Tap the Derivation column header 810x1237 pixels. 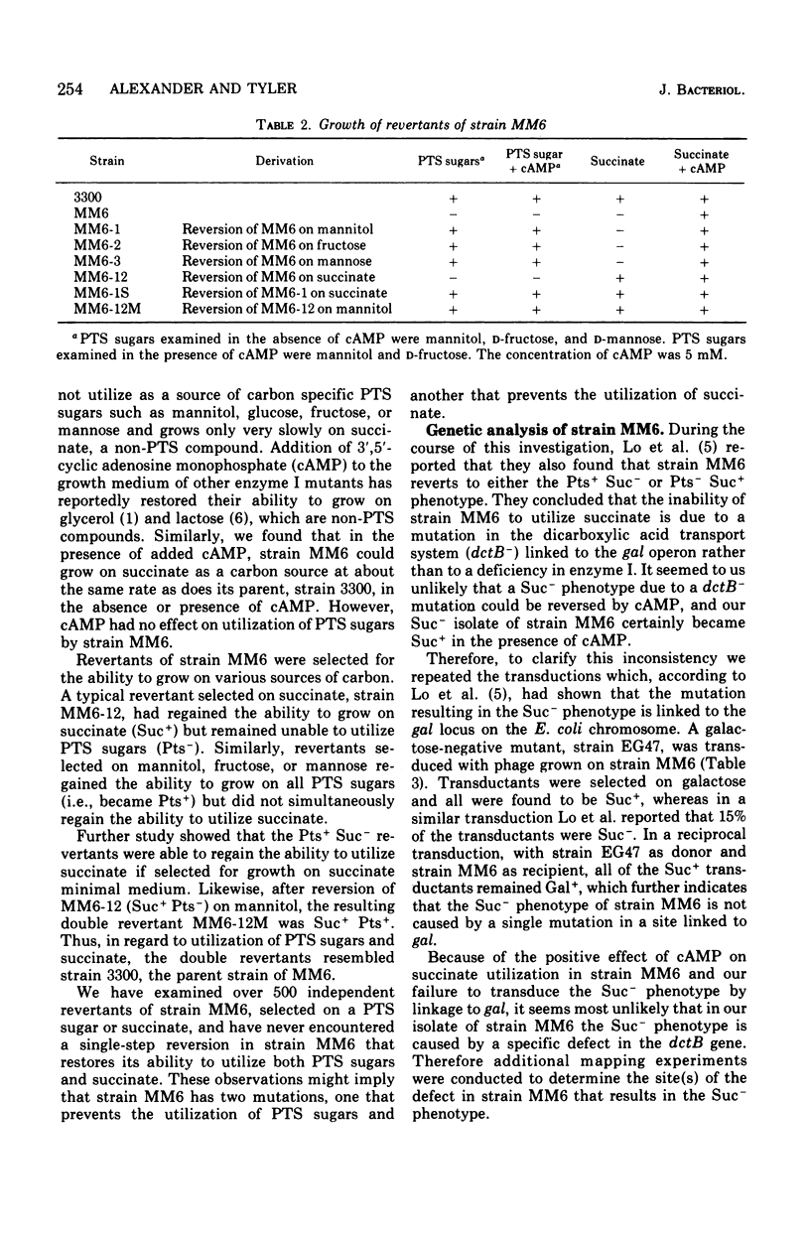[285, 161]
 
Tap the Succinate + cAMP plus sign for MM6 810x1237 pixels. [703, 214]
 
